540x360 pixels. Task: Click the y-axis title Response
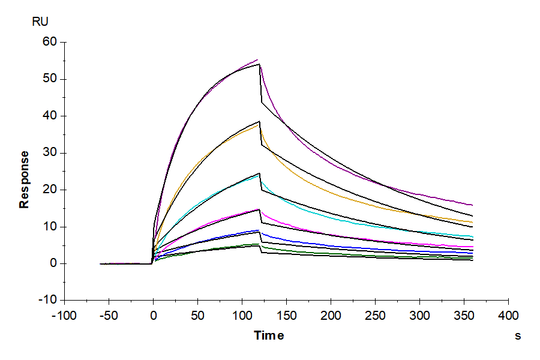pyautogui.click(x=24, y=179)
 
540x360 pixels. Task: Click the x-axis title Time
pyautogui.click(x=269, y=335)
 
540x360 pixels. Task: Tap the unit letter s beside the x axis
pyautogui.click(x=518, y=336)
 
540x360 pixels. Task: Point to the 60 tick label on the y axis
pyautogui.click(x=49, y=42)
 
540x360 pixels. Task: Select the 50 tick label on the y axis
pyautogui.click(x=49, y=79)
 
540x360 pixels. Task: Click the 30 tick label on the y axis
pyautogui.click(x=49, y=153)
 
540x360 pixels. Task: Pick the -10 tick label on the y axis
pyautogui.click(x=47, y=300)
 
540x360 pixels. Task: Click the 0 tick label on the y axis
pyautogui.click(x=53, y=263)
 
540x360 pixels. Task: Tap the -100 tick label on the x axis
pyautogui.click(x=65, y=316)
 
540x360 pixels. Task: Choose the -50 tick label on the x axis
pyautogui.click(x=109, y=316)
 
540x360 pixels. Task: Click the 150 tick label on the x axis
pyautogui.click(x=287, y=316)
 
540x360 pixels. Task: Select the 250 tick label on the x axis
pyautogui.click(x=376, y=316)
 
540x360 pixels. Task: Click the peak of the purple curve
pyautogui.click(x=257, y=59)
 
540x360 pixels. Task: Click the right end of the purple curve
pyautogui.click(x=473, y=205)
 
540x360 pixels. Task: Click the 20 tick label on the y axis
pyautogui.click(x=49, y=190)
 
